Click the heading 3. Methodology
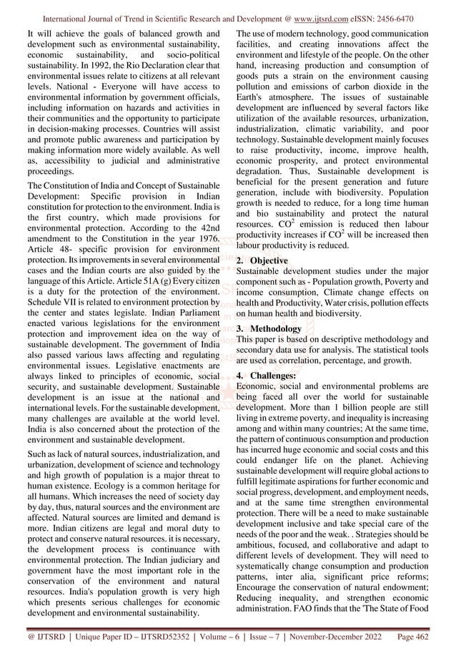269,328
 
